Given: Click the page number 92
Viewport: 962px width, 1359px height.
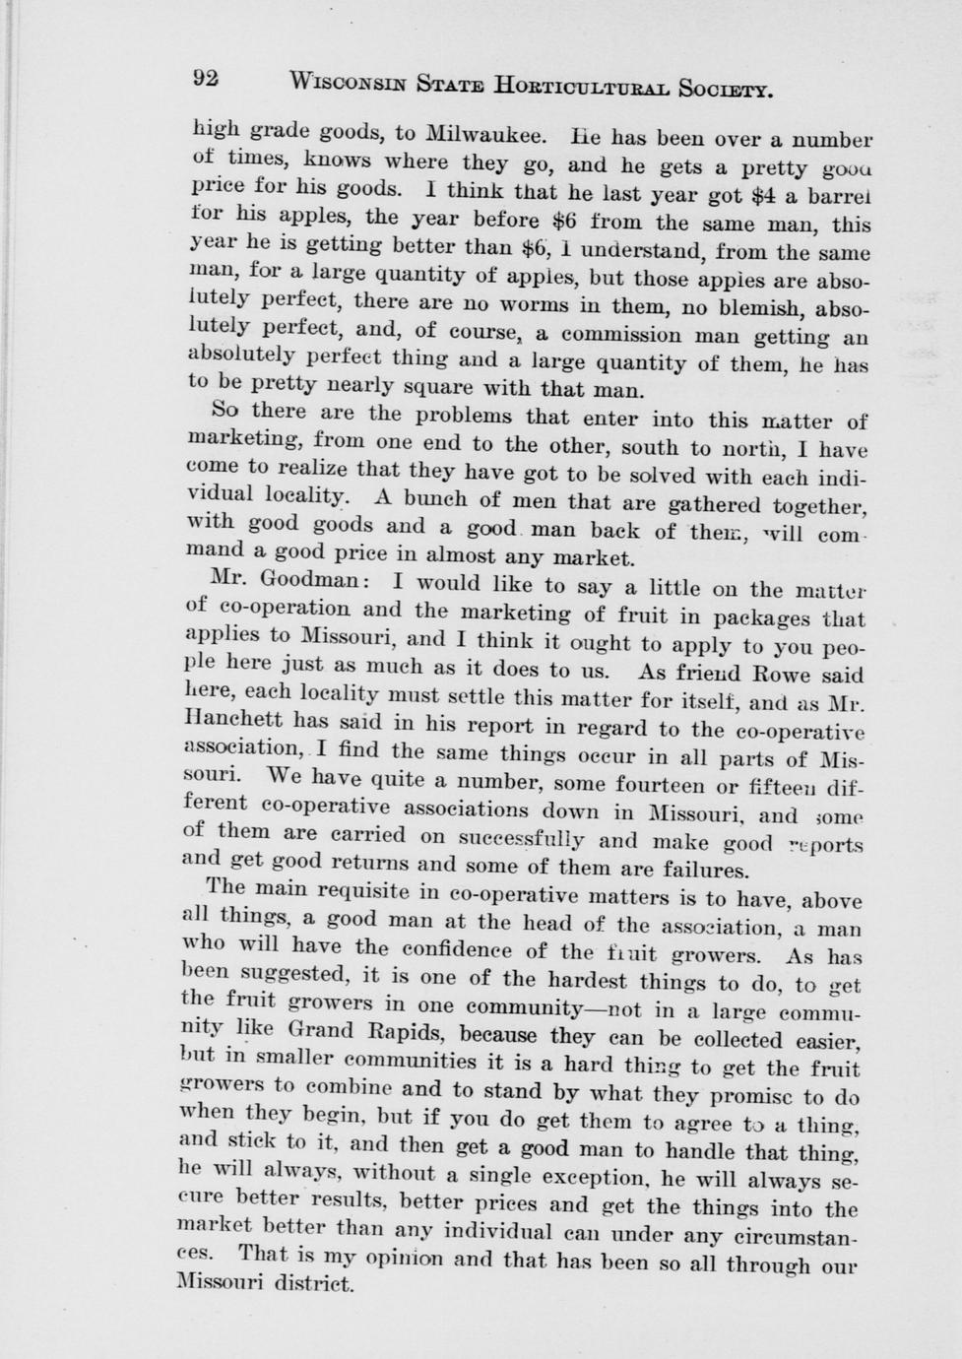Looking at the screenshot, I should tap(205, 79).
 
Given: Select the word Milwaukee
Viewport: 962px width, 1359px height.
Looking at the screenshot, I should tap(468, 135).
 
